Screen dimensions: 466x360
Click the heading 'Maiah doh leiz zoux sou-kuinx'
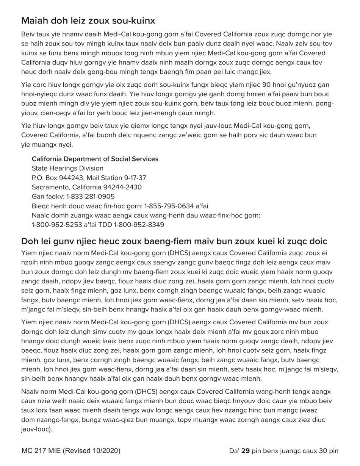tap(88, 20)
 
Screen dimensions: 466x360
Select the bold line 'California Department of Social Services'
tap(95, 159)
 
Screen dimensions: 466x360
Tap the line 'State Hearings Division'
tap(67, 169)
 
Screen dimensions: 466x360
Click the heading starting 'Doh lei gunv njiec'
tap(174, 241)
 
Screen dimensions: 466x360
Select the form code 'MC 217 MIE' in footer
tap(41, 451)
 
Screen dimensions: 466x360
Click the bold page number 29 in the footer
tap(245, 451)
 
